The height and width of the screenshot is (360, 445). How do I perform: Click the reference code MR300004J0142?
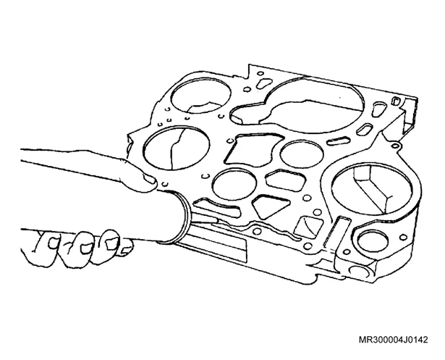pos(393,340)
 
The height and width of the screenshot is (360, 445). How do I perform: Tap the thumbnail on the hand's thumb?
pos(149,179)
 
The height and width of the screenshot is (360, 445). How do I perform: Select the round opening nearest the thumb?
pos(177,148)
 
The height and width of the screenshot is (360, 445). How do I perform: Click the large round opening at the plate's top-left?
pos(201,96)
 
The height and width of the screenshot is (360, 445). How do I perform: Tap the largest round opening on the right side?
pos(371,189)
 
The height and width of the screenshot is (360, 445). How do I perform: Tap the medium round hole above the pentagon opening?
pos(302,154)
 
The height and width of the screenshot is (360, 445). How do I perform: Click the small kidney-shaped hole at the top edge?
pos(264,83)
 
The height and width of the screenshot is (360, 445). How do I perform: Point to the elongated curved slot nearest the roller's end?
pos(217,207)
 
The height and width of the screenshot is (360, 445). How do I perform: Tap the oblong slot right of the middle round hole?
pos(340,141)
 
